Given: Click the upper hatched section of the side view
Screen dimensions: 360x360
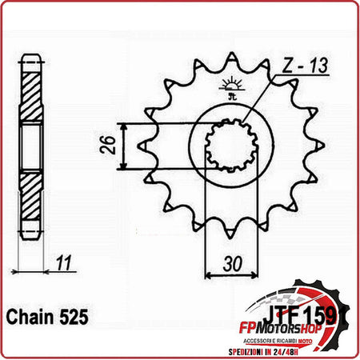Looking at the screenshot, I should tap(30, 94).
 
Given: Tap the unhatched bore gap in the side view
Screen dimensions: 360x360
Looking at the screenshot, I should tap(30, 146).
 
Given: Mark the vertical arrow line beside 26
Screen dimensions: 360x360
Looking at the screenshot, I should tap(122, 146).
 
